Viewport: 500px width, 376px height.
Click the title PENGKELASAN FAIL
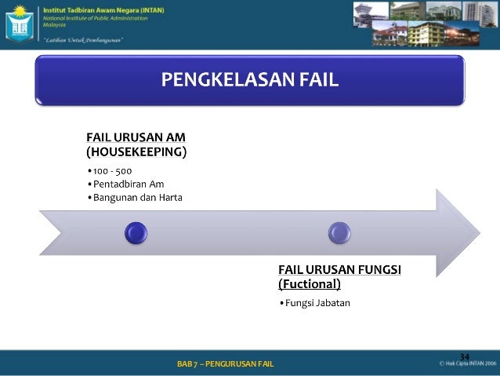pyautogui.click(x=250, y=79)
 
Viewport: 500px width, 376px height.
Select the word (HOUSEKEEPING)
pyautogui.click(x=136, y=151)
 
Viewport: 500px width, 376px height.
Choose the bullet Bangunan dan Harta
pyautogui.click(x=137, y=197)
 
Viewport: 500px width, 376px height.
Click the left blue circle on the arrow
pyautogui.click(x=136, y=232)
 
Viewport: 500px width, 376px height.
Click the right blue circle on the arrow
pyautogui.click(x=339, y=232)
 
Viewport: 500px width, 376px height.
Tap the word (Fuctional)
pyautogui.click(x=310, y=284)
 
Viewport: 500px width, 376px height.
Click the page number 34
pyautogui.click(x=464, y=357)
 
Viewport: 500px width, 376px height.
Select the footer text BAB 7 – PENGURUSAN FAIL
pyautogui.click(x=226, y=363)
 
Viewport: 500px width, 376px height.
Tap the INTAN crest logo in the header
pyautogui.click(x=20, y=24)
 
